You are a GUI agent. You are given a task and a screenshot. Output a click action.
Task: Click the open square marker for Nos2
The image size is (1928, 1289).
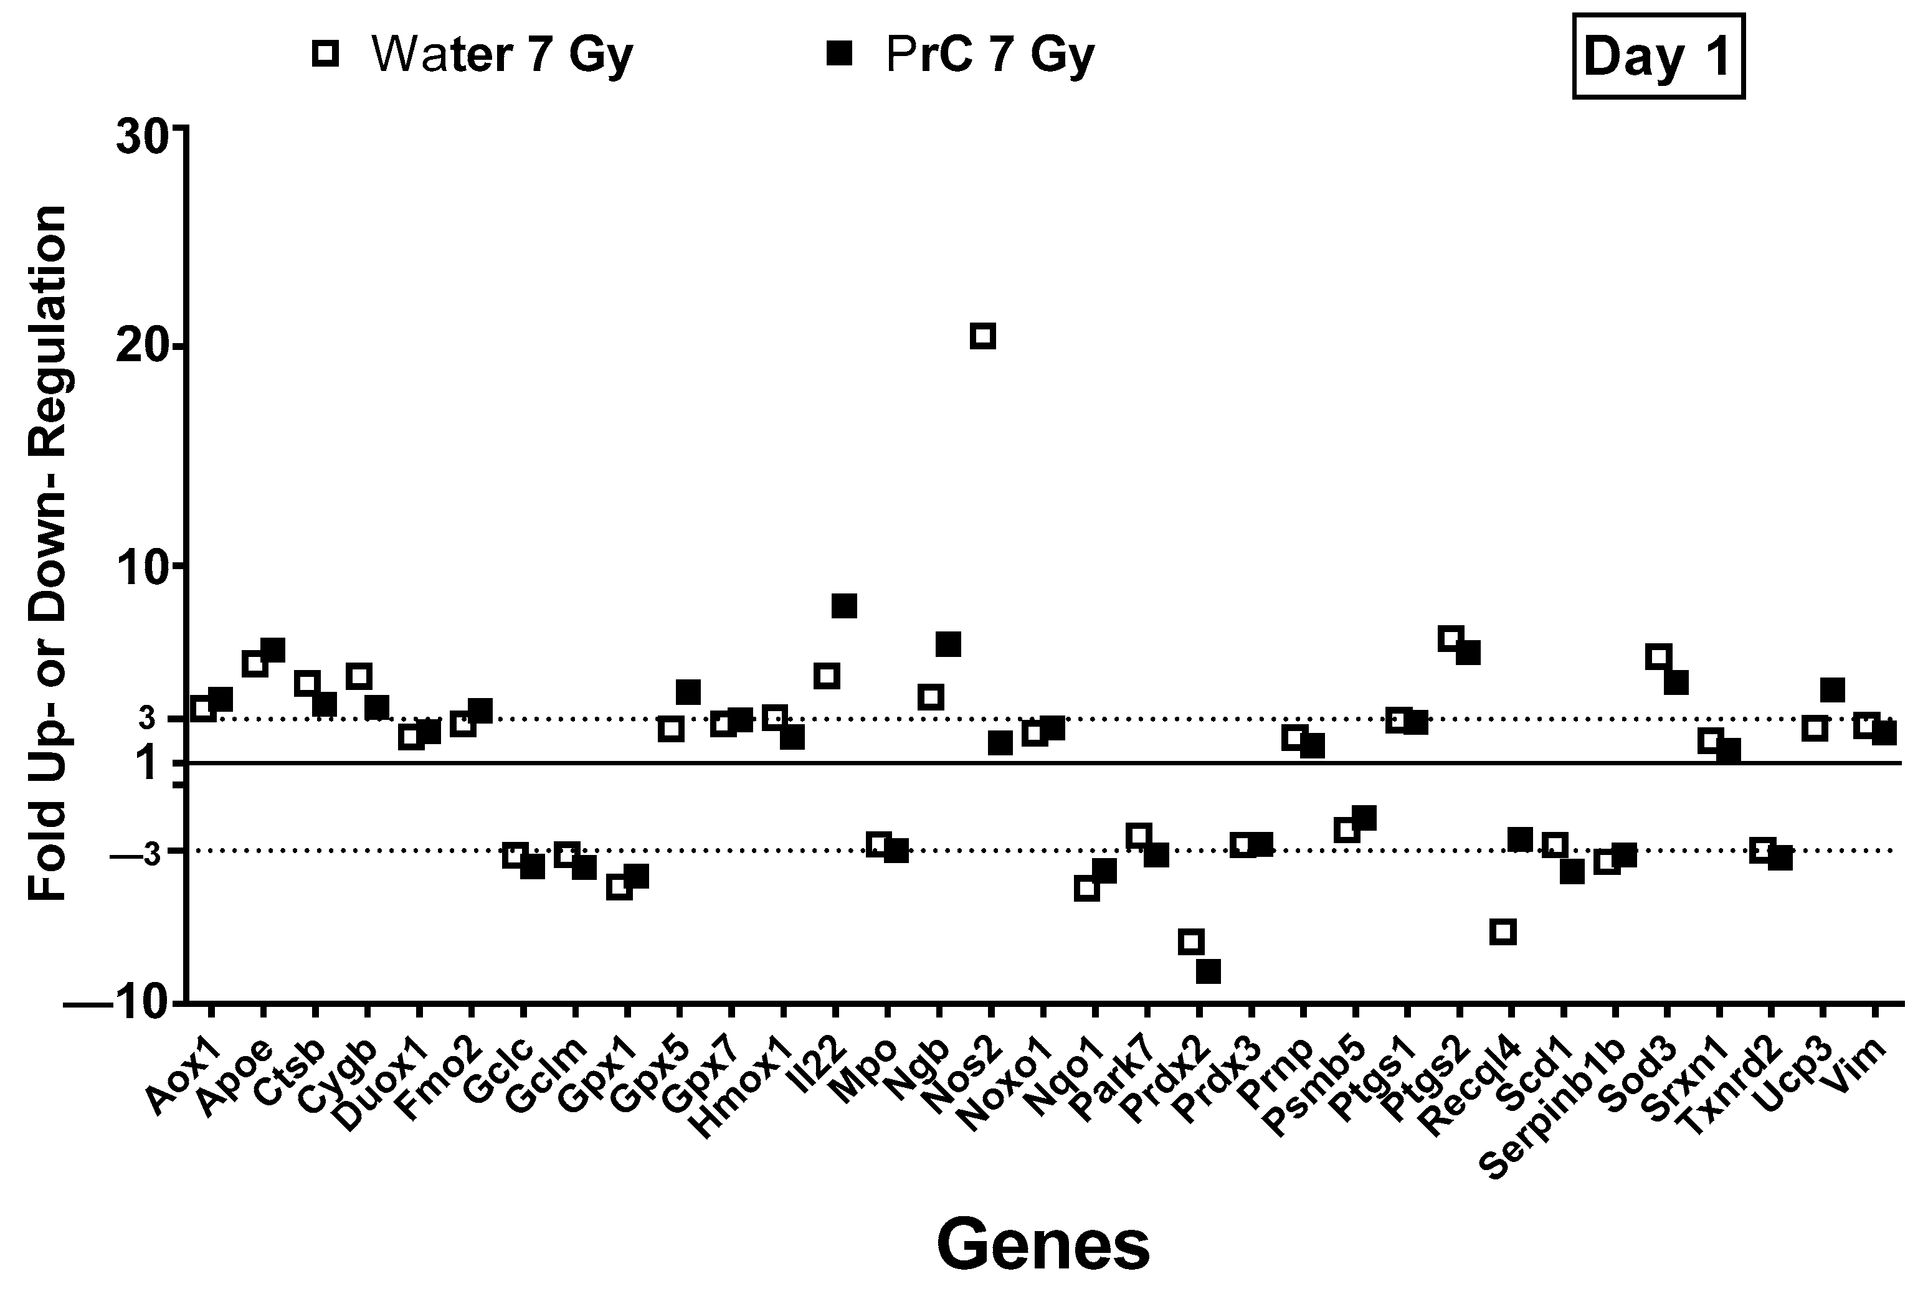tap(982, 336)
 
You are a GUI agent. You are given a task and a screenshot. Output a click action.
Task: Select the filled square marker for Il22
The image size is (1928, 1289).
tap(844, 606)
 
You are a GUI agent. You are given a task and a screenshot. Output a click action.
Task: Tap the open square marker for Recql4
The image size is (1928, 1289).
tap(1502, 932)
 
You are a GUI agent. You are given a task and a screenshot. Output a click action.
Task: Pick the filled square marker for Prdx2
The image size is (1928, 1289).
tap(1209, 971)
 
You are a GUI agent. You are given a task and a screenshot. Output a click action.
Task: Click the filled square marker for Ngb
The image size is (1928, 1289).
tap(948, 644)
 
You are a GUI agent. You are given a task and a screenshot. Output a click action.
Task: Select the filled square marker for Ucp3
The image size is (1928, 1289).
tap(1833, 690)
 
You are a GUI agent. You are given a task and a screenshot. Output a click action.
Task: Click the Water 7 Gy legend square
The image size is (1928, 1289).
tap(325, 54)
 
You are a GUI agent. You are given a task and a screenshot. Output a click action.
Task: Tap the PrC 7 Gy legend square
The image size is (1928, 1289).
tap(840, 54)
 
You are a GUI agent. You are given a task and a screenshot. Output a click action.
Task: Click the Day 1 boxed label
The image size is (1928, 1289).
tap(1658, 57)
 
